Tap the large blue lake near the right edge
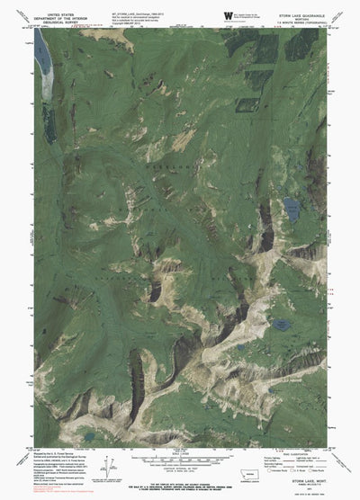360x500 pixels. (293, 209)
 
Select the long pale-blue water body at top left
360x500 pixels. (40, 61)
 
